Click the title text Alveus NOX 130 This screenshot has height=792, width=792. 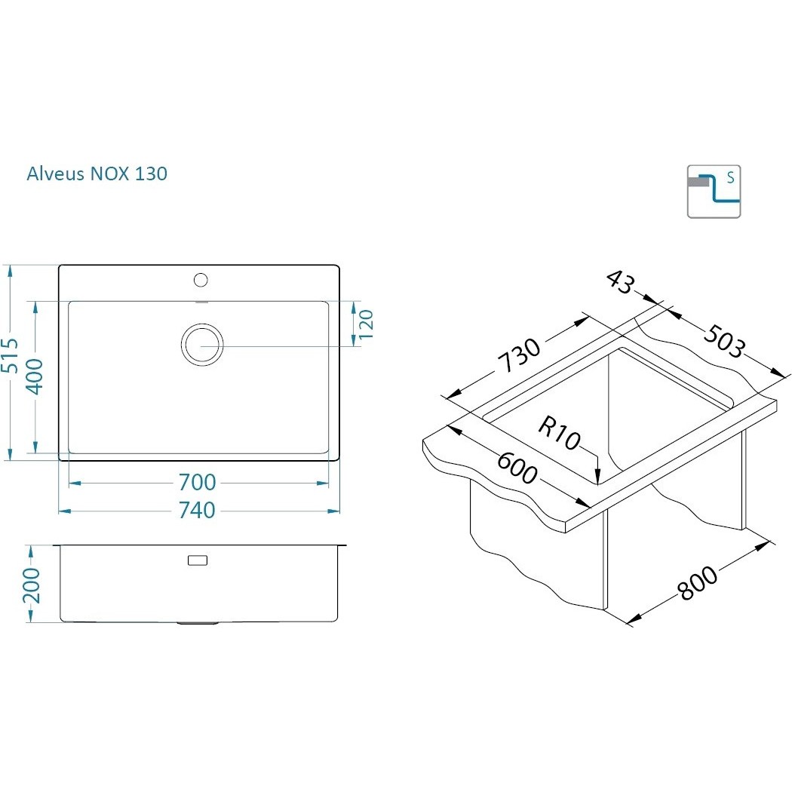(97, 173)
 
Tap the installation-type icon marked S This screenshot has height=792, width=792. (714, 192)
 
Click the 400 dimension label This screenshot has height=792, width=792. (35, 376)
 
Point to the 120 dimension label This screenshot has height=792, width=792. (366, 324)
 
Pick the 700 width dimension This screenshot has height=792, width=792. (197, 483)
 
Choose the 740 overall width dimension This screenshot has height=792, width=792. (197, 510)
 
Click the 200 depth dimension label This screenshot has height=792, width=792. (32, 585)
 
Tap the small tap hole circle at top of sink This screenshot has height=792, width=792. (201, 279)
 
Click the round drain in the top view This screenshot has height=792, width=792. (202, 345)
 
